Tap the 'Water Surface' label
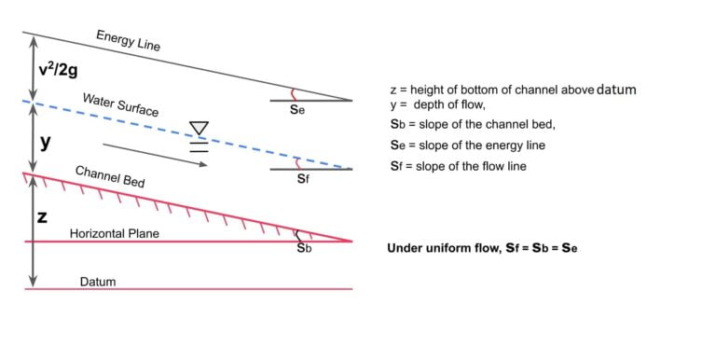[120, 104]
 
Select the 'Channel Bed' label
[109, 177]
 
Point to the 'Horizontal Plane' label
[114, 233]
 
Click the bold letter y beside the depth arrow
[45, 143]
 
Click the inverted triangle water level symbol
[199, 128]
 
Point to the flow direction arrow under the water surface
[155, 154]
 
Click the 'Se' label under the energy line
[297, 110]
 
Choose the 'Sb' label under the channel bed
[304, 249]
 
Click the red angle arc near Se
[296, 93]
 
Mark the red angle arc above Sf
[297, 162]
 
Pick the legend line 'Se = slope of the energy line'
[467, 145]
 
